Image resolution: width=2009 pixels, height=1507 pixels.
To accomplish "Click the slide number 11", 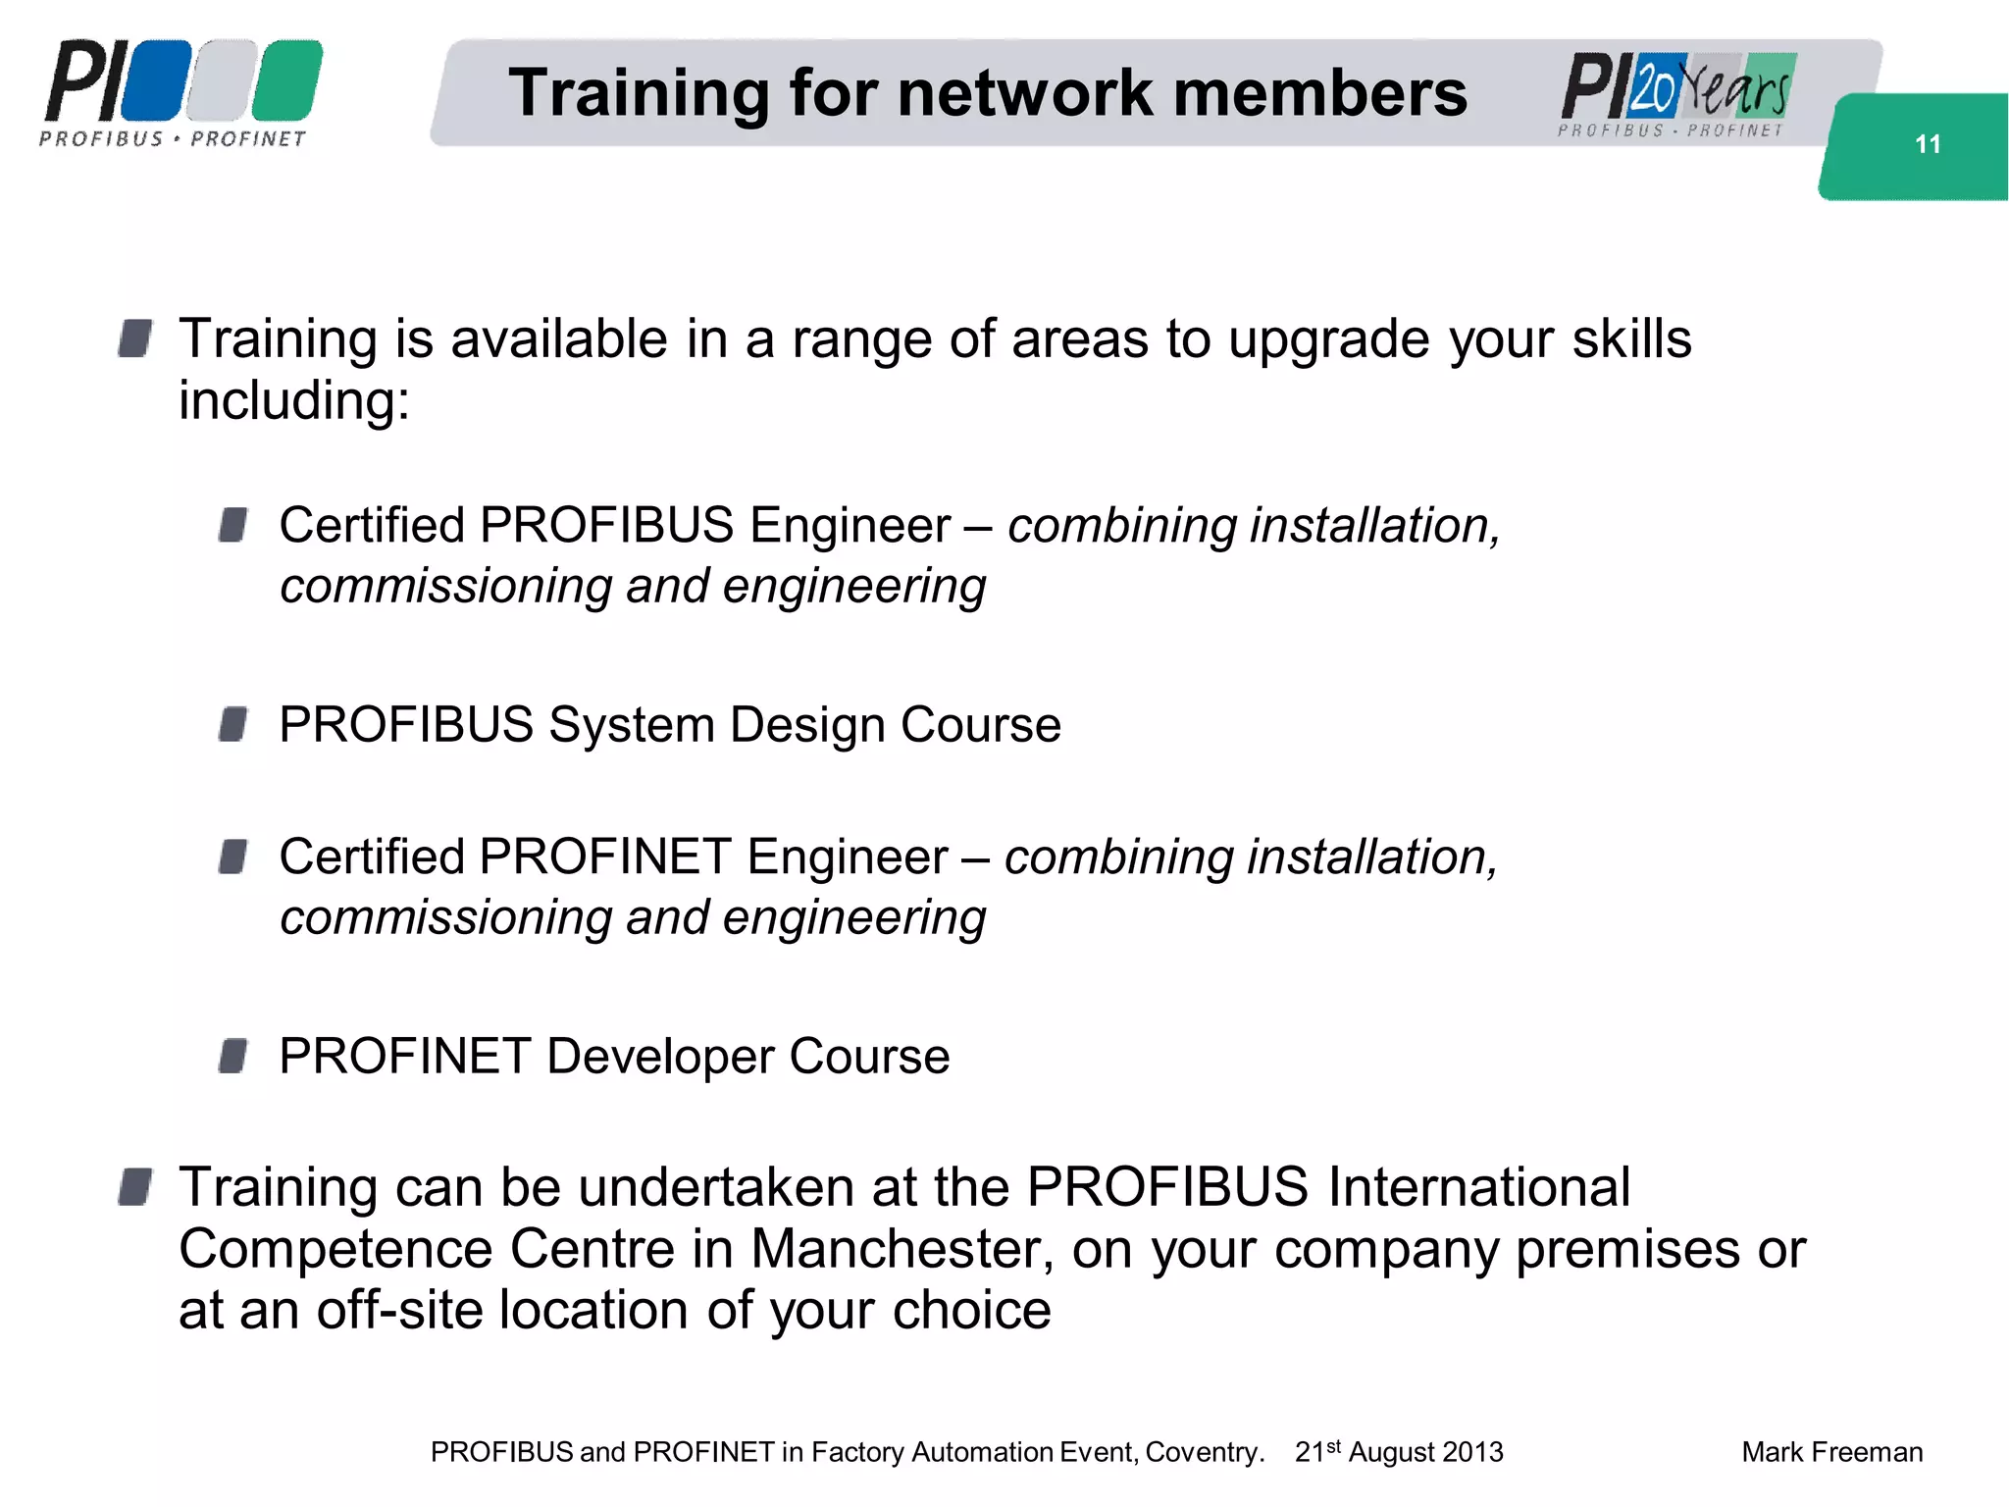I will coord(1927,144).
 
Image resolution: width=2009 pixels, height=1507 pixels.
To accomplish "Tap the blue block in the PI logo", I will coord(156,80).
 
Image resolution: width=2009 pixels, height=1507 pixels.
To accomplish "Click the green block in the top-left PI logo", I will coord(287,80).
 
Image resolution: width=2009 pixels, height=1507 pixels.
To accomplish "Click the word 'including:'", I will coord(294,400).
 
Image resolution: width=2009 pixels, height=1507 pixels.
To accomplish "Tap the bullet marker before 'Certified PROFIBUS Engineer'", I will coord(233,525).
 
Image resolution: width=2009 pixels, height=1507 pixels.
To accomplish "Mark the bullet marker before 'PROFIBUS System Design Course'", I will coord(233,725).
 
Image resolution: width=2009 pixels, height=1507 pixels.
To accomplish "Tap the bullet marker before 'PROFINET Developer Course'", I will coord(233,1057).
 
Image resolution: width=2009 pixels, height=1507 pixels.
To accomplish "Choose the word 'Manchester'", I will coord(902,1249).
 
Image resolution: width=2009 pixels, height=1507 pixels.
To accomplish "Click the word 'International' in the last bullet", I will coord(1478,1187).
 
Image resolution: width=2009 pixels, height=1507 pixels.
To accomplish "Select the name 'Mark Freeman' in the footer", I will coord(1831,1452).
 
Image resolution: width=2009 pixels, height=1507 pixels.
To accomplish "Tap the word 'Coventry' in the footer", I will coord(1204,1452).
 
